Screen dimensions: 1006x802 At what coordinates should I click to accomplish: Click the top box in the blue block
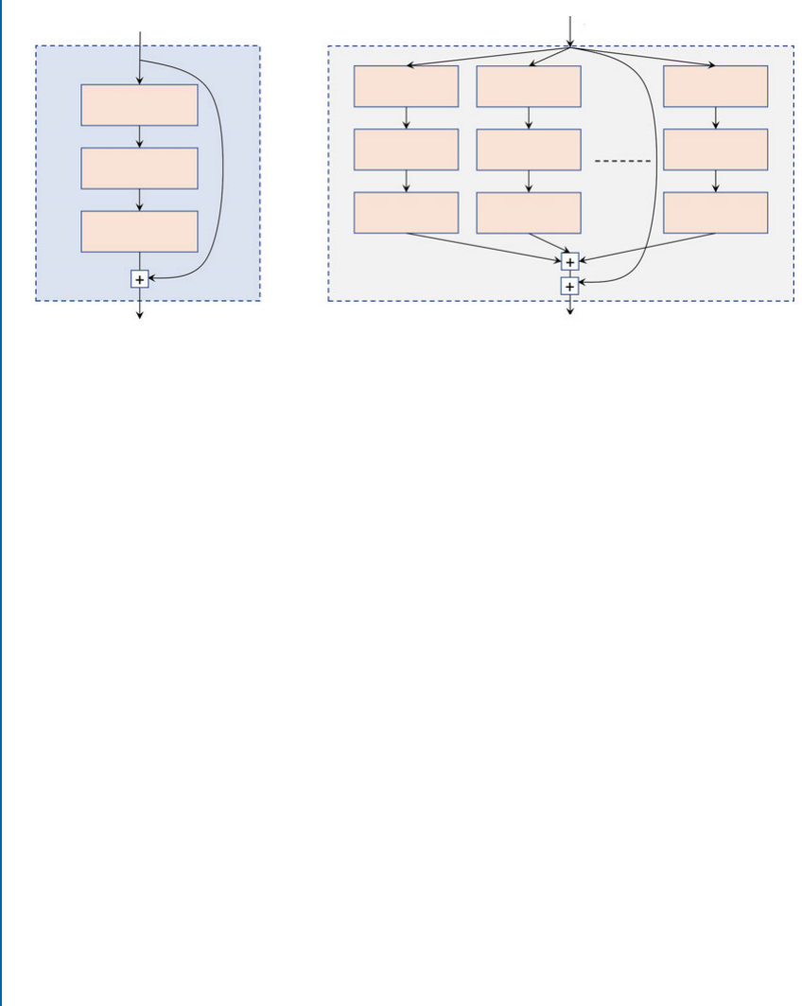point(139,105)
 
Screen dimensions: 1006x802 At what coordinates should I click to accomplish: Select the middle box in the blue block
point(139,168)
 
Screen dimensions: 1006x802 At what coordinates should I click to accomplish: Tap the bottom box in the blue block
point(139,231)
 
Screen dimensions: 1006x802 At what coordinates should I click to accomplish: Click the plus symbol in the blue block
point(140,279)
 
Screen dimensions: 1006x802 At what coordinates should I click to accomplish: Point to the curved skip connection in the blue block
point(221,170)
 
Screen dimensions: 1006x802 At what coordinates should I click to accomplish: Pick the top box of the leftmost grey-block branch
point(406,86)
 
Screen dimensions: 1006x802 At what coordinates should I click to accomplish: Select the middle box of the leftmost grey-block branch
point(406,150)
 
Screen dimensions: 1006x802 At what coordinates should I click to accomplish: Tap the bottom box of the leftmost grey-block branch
point(406,212)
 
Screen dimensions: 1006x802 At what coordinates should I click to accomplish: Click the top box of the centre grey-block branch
point(528,86)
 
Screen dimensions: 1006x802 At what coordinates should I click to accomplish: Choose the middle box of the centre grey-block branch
point(528,150)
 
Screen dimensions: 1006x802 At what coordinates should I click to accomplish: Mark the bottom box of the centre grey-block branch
point(528,212)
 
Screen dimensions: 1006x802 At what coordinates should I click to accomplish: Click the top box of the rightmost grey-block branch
point(715,86)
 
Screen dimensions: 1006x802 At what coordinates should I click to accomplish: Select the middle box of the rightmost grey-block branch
point(715,150)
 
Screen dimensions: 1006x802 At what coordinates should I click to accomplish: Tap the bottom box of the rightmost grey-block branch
point(715,212)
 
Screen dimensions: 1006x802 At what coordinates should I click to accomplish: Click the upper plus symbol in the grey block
point(569,262)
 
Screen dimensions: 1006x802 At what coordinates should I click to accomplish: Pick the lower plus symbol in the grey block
point(569,286)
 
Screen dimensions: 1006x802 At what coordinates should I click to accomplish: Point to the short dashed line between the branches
point(622,162)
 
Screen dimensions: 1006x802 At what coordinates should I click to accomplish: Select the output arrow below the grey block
point(569,306)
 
